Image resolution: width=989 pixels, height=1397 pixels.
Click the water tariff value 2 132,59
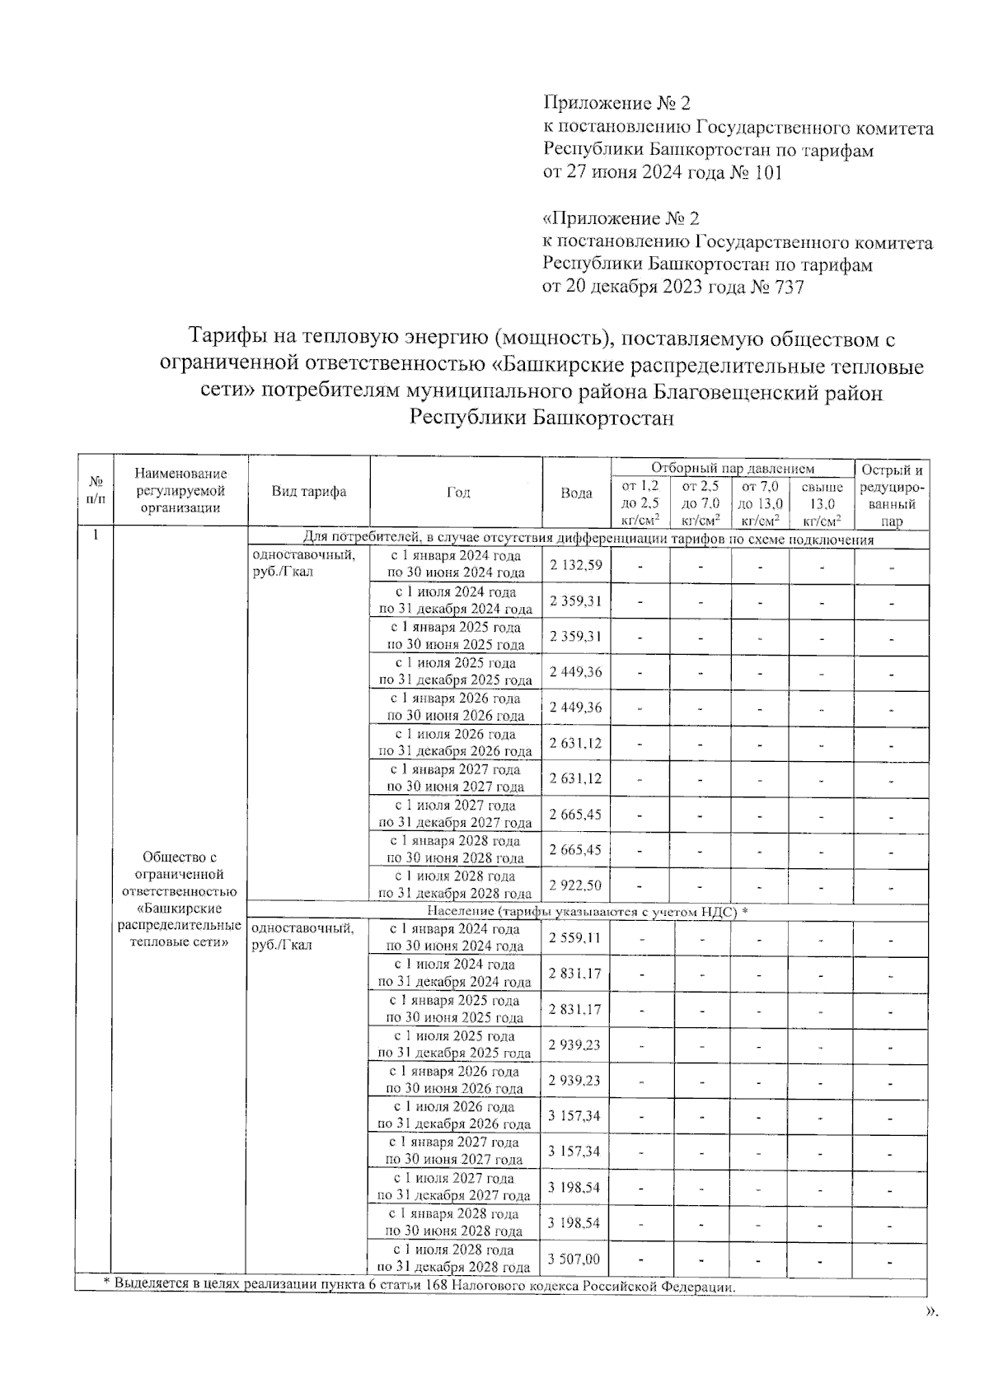pos(575,565)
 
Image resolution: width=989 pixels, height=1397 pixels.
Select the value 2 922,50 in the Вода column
pos(575,885)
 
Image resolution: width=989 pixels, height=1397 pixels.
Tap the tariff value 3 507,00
pos(574,1259)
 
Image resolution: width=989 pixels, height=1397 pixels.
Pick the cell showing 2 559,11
pos(574,937)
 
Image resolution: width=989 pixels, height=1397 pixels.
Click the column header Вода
pos(576,493)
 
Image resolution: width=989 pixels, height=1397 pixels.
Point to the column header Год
pos(457,493)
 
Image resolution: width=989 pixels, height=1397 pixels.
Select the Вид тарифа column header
pos(309,492)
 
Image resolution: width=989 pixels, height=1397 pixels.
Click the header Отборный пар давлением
pos(732,468)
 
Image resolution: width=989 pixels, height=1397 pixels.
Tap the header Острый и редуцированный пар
pos(892,495)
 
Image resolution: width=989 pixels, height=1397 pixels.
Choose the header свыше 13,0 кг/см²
pos(821,503)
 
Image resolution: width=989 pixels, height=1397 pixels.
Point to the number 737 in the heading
pos(786,287)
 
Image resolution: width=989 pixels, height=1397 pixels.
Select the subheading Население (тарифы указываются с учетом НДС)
pos(587,912)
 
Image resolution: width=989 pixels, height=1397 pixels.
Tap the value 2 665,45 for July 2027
pos(575,815)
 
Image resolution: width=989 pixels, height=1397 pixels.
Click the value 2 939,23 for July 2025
pos(574,1044)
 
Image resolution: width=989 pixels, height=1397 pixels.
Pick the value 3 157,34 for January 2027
pos(574,1152)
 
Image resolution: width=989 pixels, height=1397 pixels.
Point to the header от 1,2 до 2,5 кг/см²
pos(640,503)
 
